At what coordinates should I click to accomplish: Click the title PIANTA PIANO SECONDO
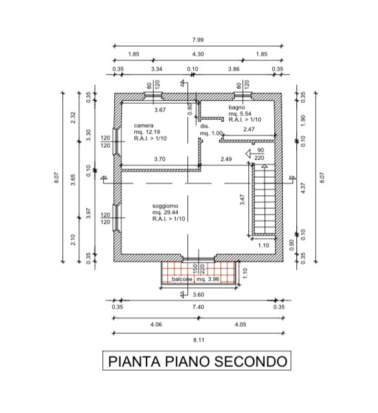(198, 361)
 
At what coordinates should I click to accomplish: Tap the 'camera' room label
(143, 126)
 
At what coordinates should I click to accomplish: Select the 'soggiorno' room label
(165, 206)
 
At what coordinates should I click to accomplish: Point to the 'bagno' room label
(237, 107)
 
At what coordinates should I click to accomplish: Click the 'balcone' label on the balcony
(182, 279)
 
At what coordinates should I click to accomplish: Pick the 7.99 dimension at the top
(198, 40)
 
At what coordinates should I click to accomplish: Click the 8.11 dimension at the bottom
(198, 340)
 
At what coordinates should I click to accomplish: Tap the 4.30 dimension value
(198, 54)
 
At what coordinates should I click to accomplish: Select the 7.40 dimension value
(198, 307)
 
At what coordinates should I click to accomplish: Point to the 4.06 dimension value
(156, 324)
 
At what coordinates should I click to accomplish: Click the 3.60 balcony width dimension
(198, 294)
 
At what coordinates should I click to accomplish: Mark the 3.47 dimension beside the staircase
(242, 200)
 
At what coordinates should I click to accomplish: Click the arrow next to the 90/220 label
(249, 154)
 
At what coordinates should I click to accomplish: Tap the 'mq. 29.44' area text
(165, 212)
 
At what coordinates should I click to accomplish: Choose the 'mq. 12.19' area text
(147, 132)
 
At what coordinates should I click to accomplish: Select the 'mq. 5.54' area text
(240, 113)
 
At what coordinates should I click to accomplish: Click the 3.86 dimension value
(233, 69)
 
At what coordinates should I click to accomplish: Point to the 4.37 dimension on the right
(303, 188)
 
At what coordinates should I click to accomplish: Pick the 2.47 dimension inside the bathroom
(249, 129)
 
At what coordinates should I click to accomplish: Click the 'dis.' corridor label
(205, 126)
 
